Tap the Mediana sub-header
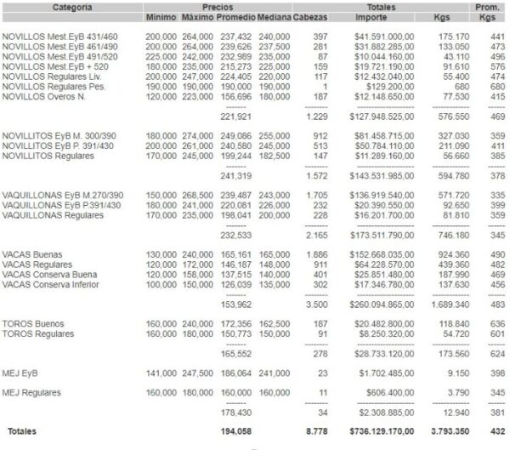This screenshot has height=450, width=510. click(x=275, y=17)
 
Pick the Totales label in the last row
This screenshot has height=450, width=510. click(x=23, y=431)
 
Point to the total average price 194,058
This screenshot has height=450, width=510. click(x=236, y=431)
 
